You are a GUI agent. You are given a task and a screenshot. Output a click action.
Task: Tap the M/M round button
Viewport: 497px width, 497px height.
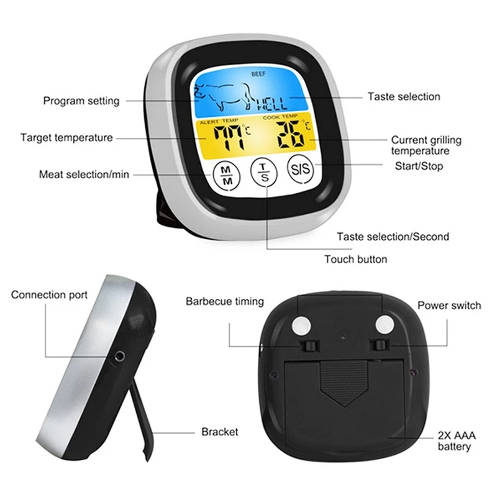226,175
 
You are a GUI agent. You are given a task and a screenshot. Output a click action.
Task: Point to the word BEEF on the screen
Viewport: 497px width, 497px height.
258,75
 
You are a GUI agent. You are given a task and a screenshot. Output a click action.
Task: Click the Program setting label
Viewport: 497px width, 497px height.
81,101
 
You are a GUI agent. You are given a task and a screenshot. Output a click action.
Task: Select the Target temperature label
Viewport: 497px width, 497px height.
66,137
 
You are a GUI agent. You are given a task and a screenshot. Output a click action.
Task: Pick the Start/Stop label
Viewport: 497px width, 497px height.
420,166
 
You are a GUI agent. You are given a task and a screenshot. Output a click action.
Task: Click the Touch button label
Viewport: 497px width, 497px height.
355,259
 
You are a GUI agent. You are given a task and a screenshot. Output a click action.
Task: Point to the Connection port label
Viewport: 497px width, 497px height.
49,294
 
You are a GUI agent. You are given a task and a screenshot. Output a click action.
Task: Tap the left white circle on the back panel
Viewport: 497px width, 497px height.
304,325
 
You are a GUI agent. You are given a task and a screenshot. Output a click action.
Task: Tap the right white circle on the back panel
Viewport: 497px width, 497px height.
383,325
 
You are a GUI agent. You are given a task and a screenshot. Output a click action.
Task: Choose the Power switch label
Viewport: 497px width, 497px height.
449,305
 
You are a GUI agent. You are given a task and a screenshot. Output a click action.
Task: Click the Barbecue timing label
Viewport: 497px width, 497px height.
224,301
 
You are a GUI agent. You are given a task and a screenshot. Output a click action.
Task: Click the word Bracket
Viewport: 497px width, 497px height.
219,432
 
